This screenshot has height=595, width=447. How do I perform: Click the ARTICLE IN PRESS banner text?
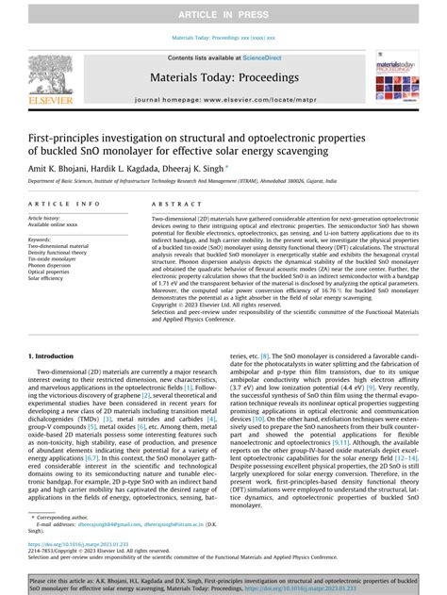(x=223, y=15)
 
